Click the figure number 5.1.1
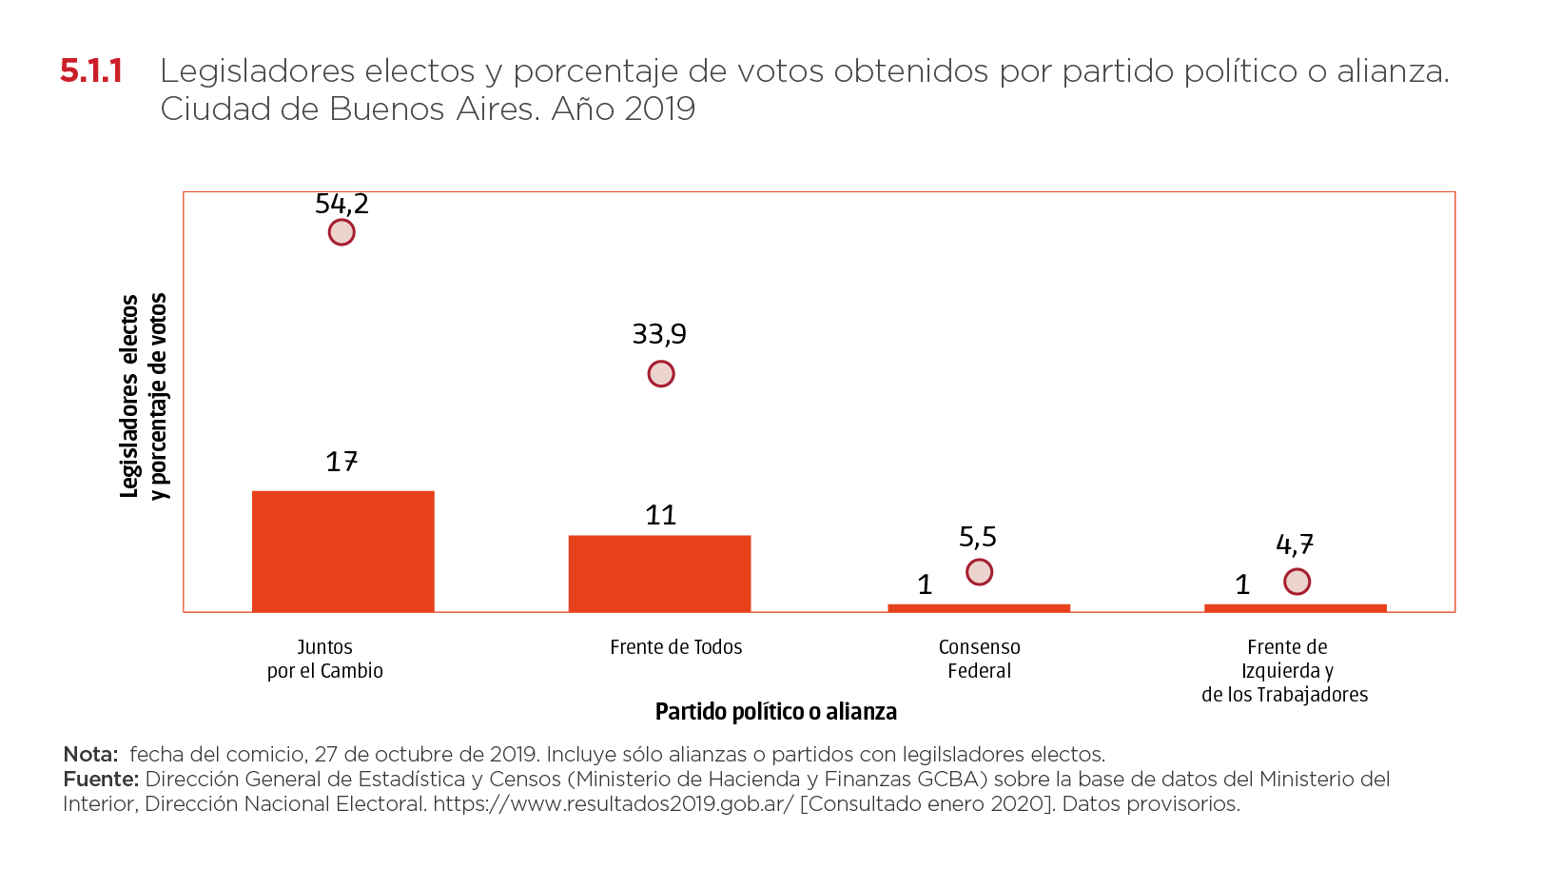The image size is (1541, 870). [x=91, y=71]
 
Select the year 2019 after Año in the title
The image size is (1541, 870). [x=659, y=109]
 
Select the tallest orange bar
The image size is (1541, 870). [x=343, y=550]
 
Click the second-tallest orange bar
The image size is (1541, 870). [x=659, y=572]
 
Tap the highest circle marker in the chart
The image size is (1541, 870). [x=341, y=232]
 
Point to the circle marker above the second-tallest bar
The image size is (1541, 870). [x=661, y=374]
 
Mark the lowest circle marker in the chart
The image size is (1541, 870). [x=1297, y=582]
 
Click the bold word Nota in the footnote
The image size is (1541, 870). [x=89, y=755]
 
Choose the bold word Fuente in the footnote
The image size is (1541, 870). [x=100, y=780]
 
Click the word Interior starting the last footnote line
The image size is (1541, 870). [x=99, y=804]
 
